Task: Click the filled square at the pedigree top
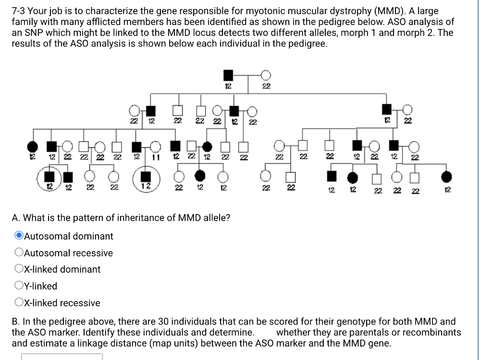click(x=229, y=75)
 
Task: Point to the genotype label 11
click(x=156, y=157)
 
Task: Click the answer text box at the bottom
click(x=61, y=357)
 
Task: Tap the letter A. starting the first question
click(x=16, y=218)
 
